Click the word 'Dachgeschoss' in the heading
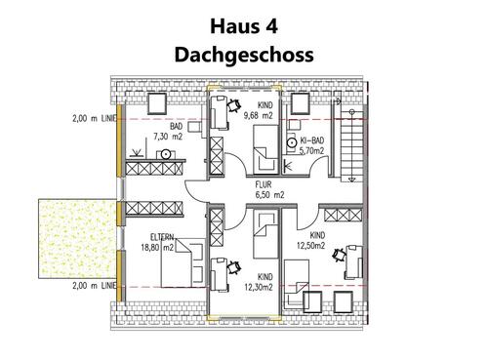pos(244,54)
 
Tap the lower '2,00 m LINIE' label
pos(94,285)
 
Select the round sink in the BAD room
pos(167,154)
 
